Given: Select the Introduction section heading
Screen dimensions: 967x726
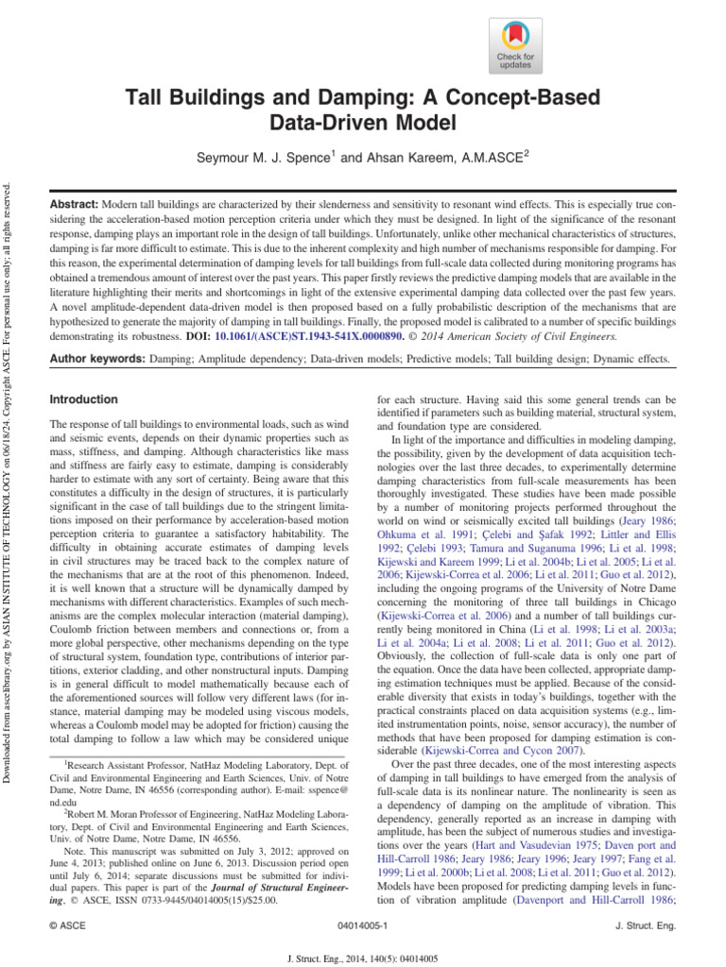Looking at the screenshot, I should [83, 399].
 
